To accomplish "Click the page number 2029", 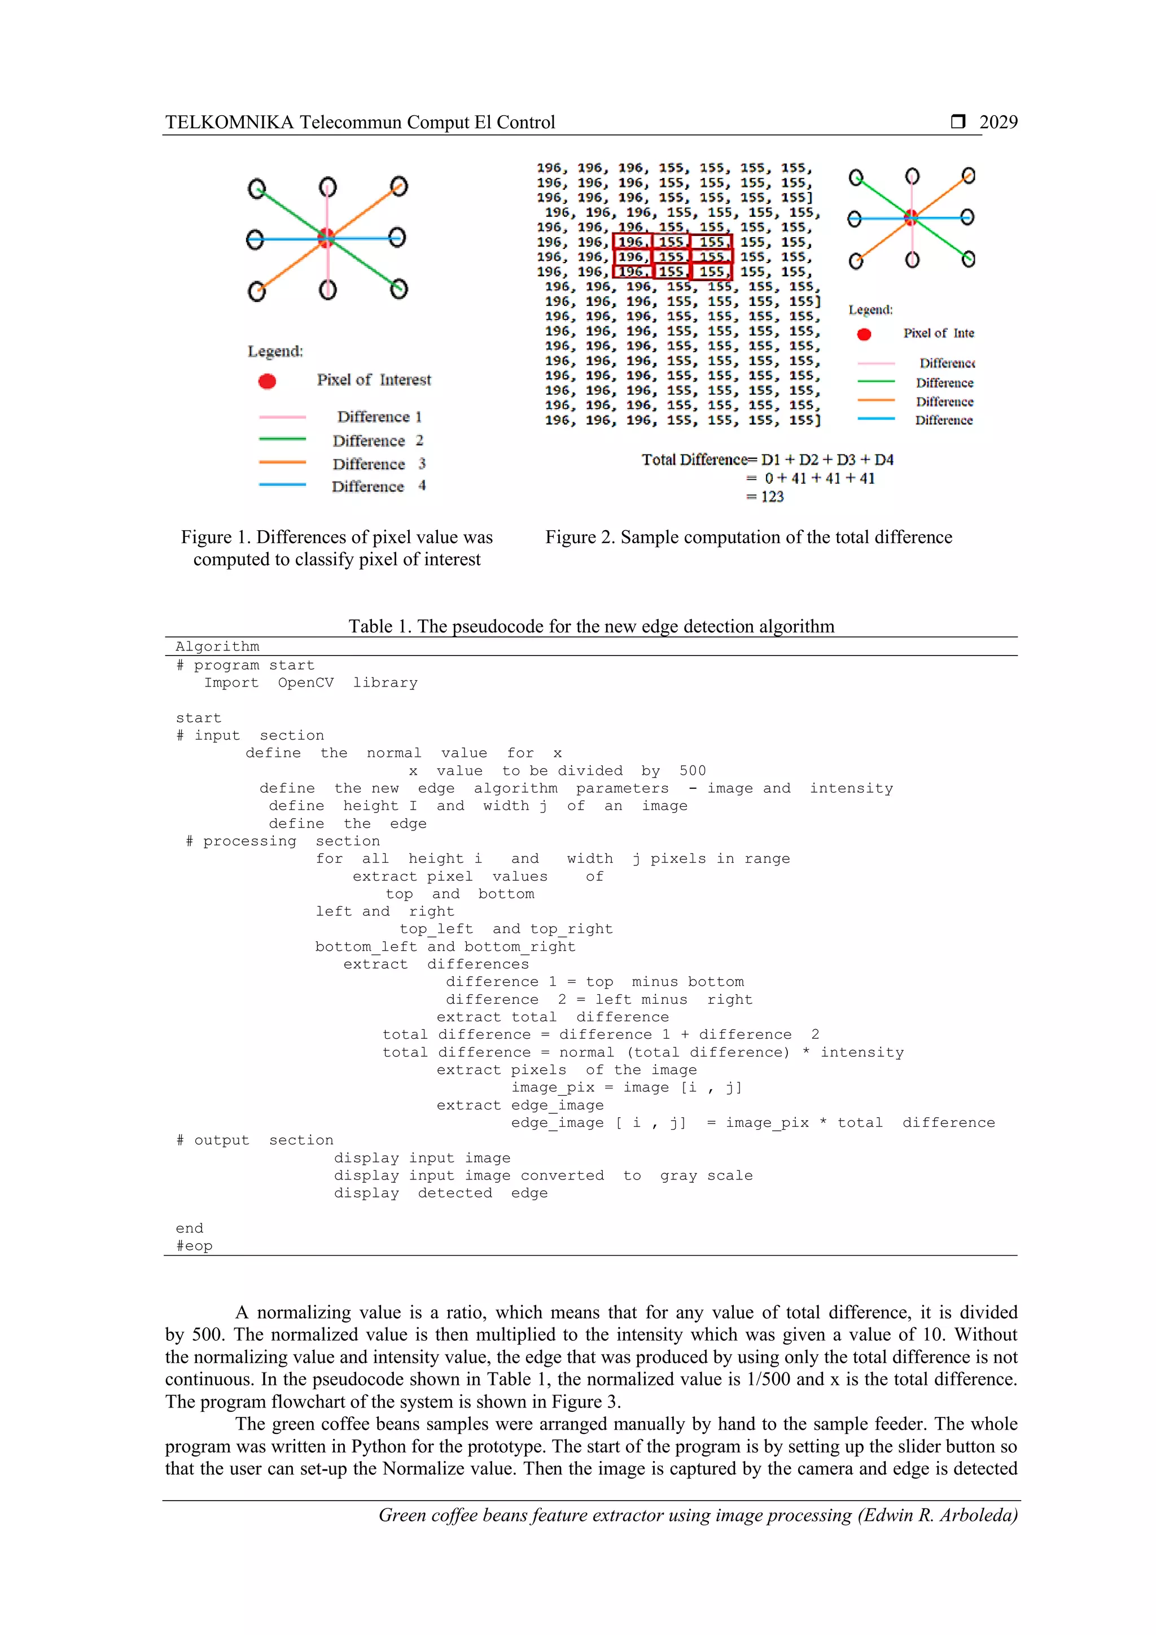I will pyautogui.click(x=998, y=123).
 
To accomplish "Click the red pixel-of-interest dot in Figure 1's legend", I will pyautogui.click(x=267, y=382).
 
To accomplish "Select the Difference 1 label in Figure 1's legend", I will pyautogui.click(x=379, y=417).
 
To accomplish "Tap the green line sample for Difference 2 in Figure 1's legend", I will pyautogui.click(x=283, y=439).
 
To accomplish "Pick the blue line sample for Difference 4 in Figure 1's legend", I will pyautogui.click(x=283, y=485).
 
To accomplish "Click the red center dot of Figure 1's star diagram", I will pyautogui.click(x=326, y=237).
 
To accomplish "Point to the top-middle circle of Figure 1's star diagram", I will pyautogui.click(x=327, y=187).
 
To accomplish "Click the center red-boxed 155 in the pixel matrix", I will pyautogui.click(x=671, y=257).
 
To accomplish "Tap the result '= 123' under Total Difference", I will pyautogui.click(x=765, y=496).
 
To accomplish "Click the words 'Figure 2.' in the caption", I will pyautogui.click(x=580, y=537).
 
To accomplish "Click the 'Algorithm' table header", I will pyautogui.click(x=217, y=646).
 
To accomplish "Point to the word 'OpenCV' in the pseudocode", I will pyautogui.click(x=305, y=683).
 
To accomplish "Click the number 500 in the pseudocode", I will pyautogui.click(x=693, y=771).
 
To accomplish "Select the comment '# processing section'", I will pyautogui.click(x=283, y=841).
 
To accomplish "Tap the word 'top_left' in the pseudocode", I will pyautogui.click(x=436, y=929).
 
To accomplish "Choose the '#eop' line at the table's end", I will pyautogui.click(x=194, y=1246).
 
